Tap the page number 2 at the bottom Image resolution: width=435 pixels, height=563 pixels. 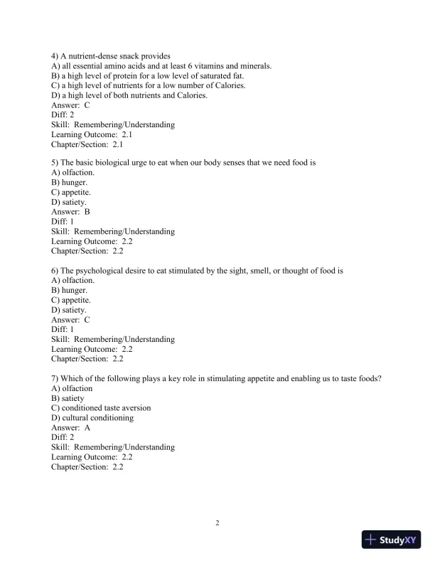217,524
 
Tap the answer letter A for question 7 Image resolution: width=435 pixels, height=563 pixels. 87,428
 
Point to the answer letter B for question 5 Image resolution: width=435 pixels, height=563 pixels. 87,211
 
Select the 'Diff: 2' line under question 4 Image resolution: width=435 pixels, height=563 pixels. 63,114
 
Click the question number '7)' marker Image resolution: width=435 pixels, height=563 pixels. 55,379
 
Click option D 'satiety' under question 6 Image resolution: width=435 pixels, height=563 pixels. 69,310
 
